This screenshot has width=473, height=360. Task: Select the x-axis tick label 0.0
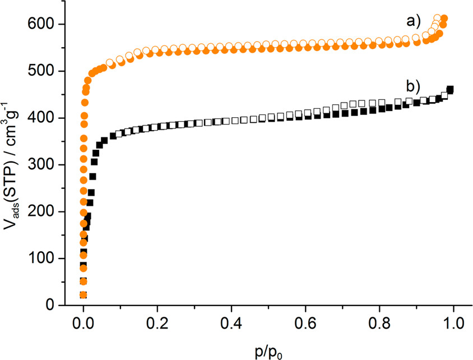pos(84,325)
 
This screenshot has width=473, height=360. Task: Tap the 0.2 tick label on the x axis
pos(157,325)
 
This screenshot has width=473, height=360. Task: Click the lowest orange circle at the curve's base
pos(84,295)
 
